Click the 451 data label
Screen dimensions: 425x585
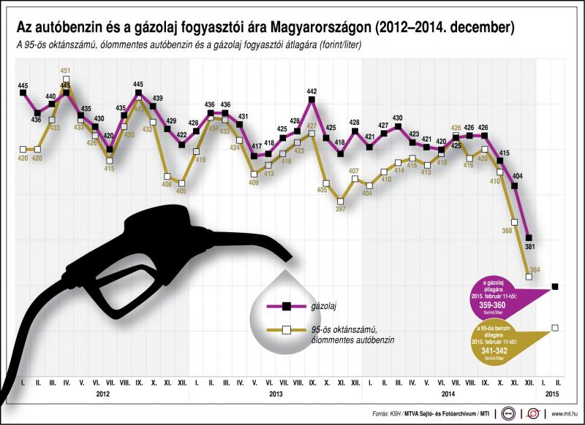(x=65, y=71)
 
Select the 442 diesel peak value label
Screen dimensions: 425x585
(x=312, y=91)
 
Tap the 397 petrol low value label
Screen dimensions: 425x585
(x=340, y=209)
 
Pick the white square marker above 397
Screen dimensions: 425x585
(x=340, y=199)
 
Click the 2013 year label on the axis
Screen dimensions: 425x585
(x=276, y=394)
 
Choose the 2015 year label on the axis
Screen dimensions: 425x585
(x=554, y=394)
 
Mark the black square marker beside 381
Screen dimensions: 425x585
(x=529, y=237)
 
